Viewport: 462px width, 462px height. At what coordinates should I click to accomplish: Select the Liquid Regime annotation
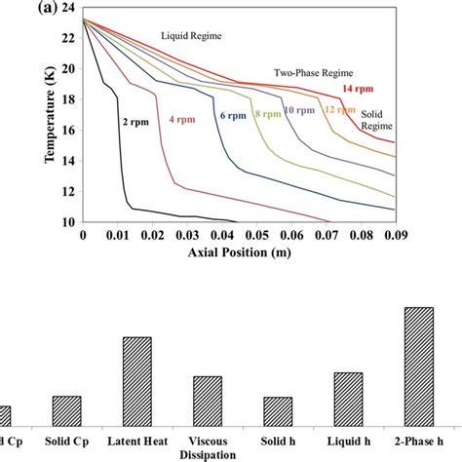click(x=191, y=36)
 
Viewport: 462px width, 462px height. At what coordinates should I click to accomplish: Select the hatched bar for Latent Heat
click(x=136, y=381)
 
